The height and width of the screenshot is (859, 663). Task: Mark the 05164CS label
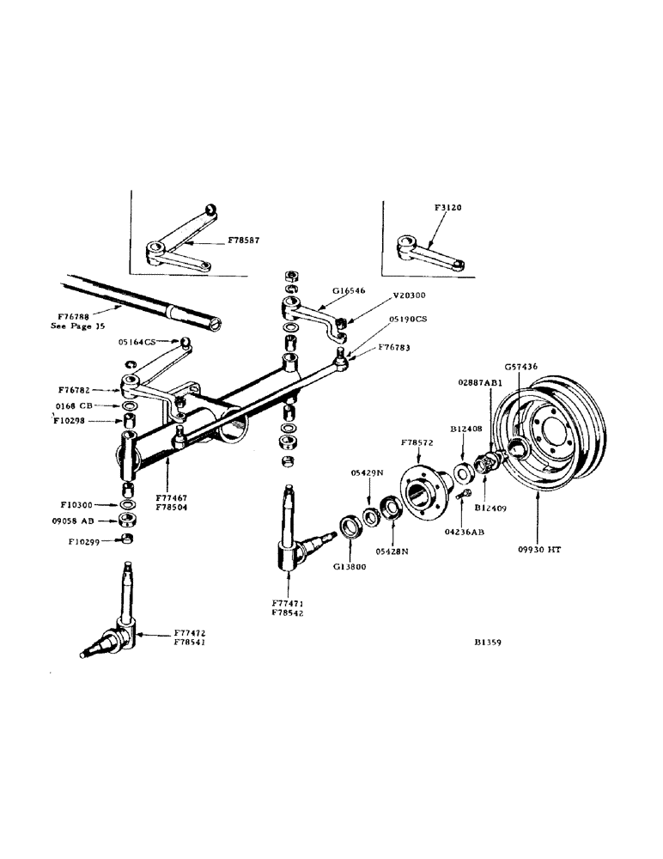(x=137, y=342)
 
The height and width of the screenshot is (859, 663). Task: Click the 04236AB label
(x=464, y=532)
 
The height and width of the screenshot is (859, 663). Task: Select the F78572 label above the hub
(x=417, y=444)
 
